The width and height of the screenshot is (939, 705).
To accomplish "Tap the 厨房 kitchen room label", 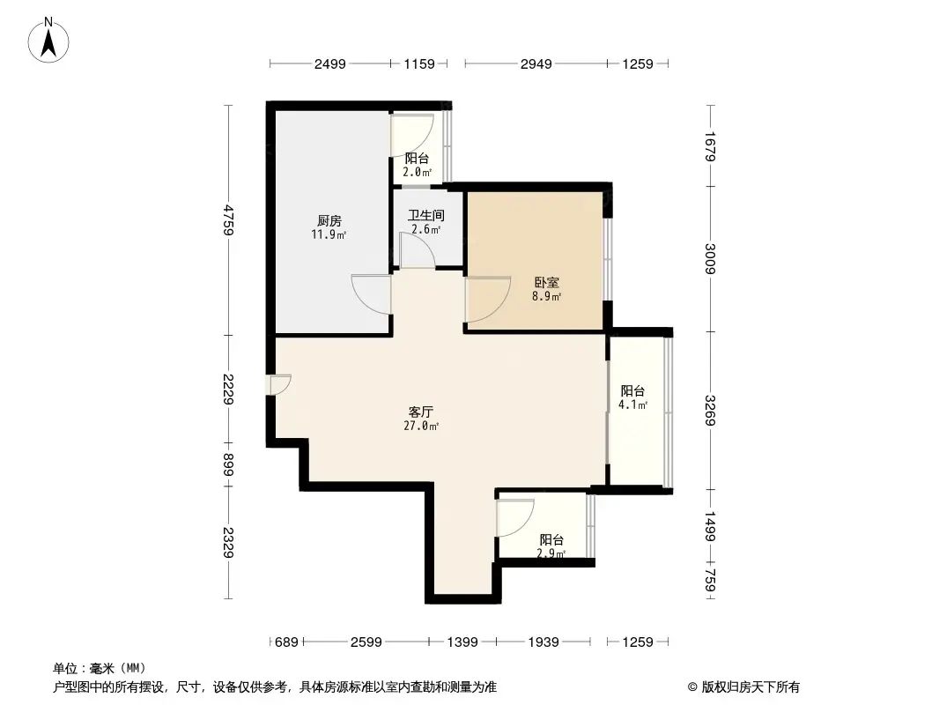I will point(329,221).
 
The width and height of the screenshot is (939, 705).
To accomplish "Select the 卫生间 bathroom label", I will point(425,215).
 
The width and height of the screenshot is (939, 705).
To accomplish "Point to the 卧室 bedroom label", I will point(546,284).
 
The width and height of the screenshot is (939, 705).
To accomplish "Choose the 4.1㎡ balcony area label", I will point(633,405).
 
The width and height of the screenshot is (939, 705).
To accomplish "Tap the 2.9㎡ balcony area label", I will point(551,554).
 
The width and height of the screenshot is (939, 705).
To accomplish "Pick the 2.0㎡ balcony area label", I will point(417,172).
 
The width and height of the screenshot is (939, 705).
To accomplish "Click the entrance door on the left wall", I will point(279,385).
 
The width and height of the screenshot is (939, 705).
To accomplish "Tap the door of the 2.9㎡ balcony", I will point(515,517).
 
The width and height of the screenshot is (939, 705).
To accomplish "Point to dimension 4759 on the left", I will point(229,219).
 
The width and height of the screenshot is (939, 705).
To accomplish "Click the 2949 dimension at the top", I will point(535,63).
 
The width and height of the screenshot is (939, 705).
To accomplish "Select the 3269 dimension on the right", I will point(711,410).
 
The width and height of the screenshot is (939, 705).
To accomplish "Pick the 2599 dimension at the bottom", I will point(366,642).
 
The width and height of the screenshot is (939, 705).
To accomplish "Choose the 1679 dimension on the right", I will point(711,145).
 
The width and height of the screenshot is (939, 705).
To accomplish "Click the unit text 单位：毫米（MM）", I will point(99,668).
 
